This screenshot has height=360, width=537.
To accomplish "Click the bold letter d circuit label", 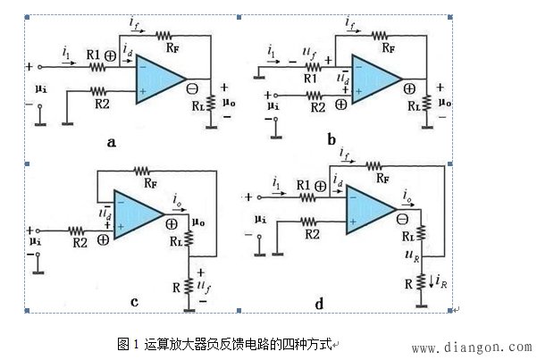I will coord(318,304).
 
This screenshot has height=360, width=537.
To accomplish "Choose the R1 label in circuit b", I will coord(311,79).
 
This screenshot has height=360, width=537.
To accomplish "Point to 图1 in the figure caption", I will coord(124,344).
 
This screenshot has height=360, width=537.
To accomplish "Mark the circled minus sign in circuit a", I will coord(192,88).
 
